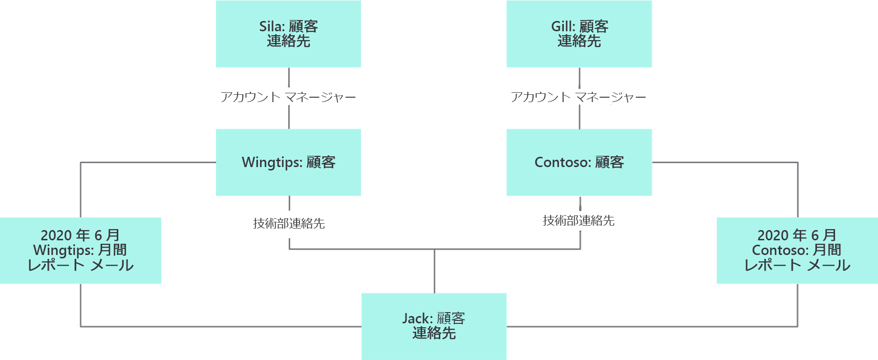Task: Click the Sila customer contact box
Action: tap(288, 34)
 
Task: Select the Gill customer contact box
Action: tap(579, 34)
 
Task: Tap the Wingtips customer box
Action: tap(288, 162)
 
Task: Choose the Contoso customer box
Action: tap(579, 162)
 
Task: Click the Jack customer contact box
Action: tap(434, 326)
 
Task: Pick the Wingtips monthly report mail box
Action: tap(81, 250)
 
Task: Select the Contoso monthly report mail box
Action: tap(797, 250)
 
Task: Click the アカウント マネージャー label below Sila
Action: tap(288, 97)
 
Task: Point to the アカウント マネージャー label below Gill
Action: tap(578, 97)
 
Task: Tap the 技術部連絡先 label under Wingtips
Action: tap(289, 224)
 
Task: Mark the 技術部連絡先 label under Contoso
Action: tap(578, 221)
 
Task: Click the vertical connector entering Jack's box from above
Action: tap(434, 271)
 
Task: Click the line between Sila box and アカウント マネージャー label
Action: tap(289, 77)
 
